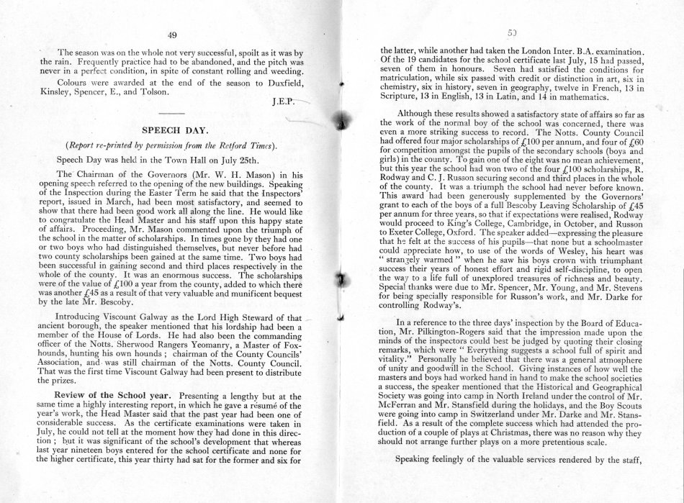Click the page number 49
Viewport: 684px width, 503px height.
171,35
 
